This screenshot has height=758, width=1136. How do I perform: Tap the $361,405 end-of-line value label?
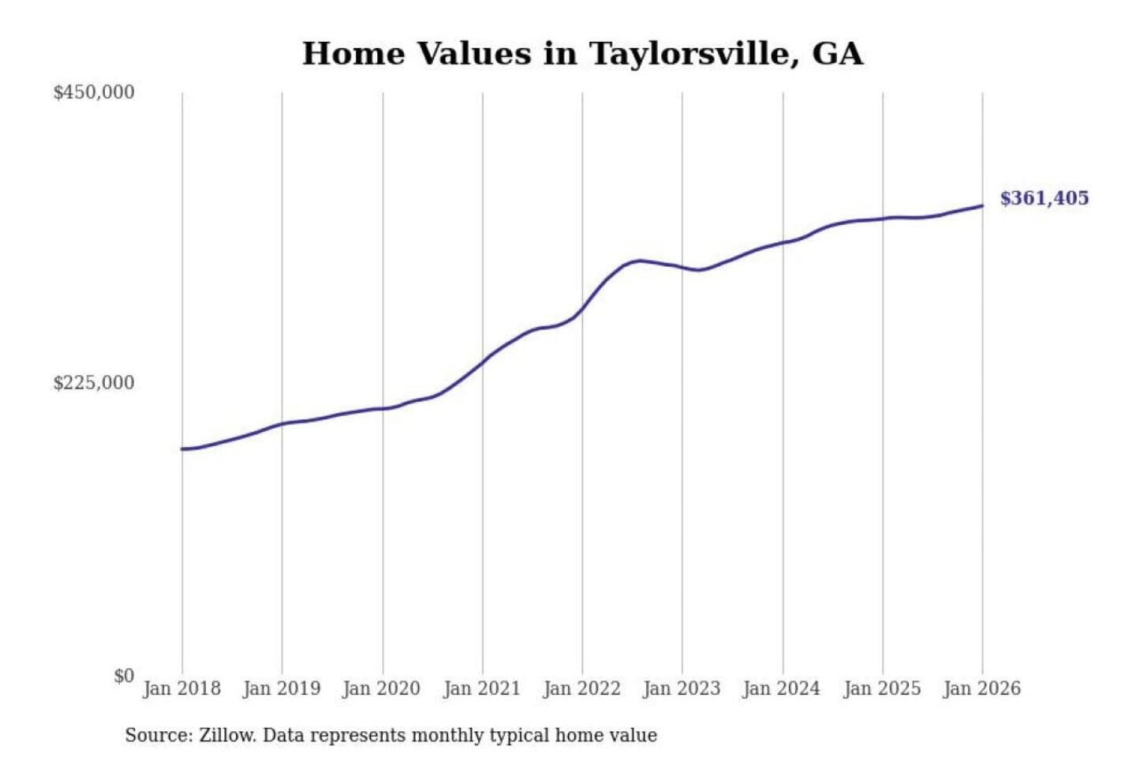click(1044, 198)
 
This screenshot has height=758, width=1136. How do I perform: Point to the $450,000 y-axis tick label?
click(94, 92)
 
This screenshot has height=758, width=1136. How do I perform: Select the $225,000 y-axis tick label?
click(94, 383)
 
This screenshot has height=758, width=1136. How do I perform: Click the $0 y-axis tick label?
click(124, 676)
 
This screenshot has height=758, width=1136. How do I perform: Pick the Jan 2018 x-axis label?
click(181, 689)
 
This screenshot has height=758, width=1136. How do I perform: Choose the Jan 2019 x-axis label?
click(282, 689)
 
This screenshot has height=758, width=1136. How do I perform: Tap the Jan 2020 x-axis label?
click(382, 689)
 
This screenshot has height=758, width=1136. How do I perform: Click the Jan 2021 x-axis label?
click(482, 689)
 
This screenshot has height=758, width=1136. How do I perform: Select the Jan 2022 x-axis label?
click(582, 689)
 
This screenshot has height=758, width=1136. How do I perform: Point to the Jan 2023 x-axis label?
click(682, 689)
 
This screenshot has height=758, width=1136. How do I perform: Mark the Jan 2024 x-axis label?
click(782, 689)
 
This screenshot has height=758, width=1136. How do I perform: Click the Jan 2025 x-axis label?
click(882, 689)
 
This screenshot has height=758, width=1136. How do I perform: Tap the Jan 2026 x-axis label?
click(982, 689)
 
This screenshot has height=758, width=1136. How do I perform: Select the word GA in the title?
click(837, 54)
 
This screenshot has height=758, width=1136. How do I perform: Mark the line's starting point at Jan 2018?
click(182, 449)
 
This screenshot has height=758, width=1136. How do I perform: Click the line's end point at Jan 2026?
click(982, 206)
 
